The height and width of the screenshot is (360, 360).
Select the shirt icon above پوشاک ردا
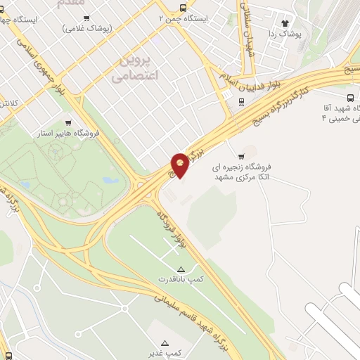[x=285, y=22]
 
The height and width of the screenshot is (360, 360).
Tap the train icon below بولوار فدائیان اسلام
[x=242, y=101]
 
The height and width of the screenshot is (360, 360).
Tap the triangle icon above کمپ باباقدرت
[x=181, y=269]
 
